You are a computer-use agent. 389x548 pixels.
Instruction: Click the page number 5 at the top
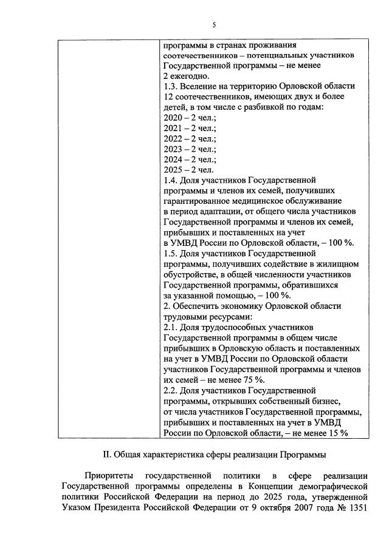(x=213, y=25)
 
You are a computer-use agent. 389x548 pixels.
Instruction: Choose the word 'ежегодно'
(x=190, y=76)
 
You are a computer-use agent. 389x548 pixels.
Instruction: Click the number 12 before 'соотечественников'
(x=169, y=96)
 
